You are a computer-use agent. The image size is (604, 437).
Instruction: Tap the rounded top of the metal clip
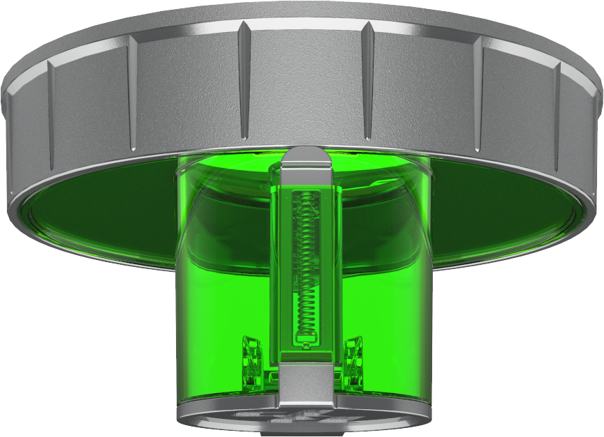tap(308, 156)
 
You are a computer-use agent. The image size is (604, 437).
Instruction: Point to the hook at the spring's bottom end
tap(306, 339)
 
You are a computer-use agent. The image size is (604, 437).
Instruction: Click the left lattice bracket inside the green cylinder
tap(251, 359)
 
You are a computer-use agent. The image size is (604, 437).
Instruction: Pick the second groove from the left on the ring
tap(132, 91)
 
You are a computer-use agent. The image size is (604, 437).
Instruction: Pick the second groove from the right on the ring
tap(478, 91)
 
